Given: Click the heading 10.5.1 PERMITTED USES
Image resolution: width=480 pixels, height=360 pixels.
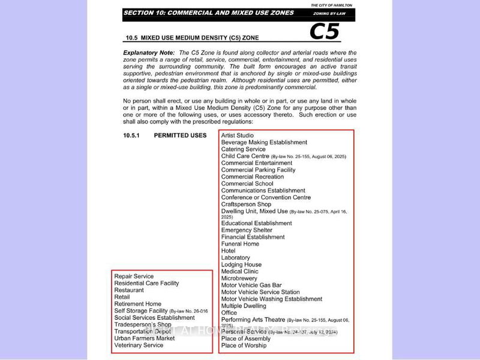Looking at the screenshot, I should [165, 136].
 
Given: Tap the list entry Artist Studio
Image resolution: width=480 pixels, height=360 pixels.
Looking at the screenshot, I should [238, 136].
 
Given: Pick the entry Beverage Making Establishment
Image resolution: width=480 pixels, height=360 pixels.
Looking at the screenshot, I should [264, 142].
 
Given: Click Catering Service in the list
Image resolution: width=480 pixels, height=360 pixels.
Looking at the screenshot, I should [243, 149].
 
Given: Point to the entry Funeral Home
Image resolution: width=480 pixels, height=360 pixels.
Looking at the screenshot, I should [240, 244].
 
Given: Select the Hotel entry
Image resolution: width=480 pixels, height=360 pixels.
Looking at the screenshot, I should [228, 251].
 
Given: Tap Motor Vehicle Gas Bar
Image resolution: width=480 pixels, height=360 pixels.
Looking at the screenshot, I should [251, 285].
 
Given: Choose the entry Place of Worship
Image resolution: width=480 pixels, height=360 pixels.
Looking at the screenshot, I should [244, 346].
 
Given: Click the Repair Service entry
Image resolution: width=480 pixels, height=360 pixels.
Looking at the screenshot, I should [134, 277].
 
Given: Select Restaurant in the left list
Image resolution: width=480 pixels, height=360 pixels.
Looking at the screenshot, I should [129, 290].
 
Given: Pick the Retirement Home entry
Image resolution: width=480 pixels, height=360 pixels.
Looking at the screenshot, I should [137, 304].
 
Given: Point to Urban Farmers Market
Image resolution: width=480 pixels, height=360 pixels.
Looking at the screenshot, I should [144, 338].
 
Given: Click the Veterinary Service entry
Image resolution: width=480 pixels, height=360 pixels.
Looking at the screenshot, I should [139, 346].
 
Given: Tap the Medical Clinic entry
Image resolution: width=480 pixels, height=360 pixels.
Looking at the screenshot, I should [239, 271].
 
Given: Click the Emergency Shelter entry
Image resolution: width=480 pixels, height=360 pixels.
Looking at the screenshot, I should [247, 230].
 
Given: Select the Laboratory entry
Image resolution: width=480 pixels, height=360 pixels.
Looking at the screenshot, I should [235, 257].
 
